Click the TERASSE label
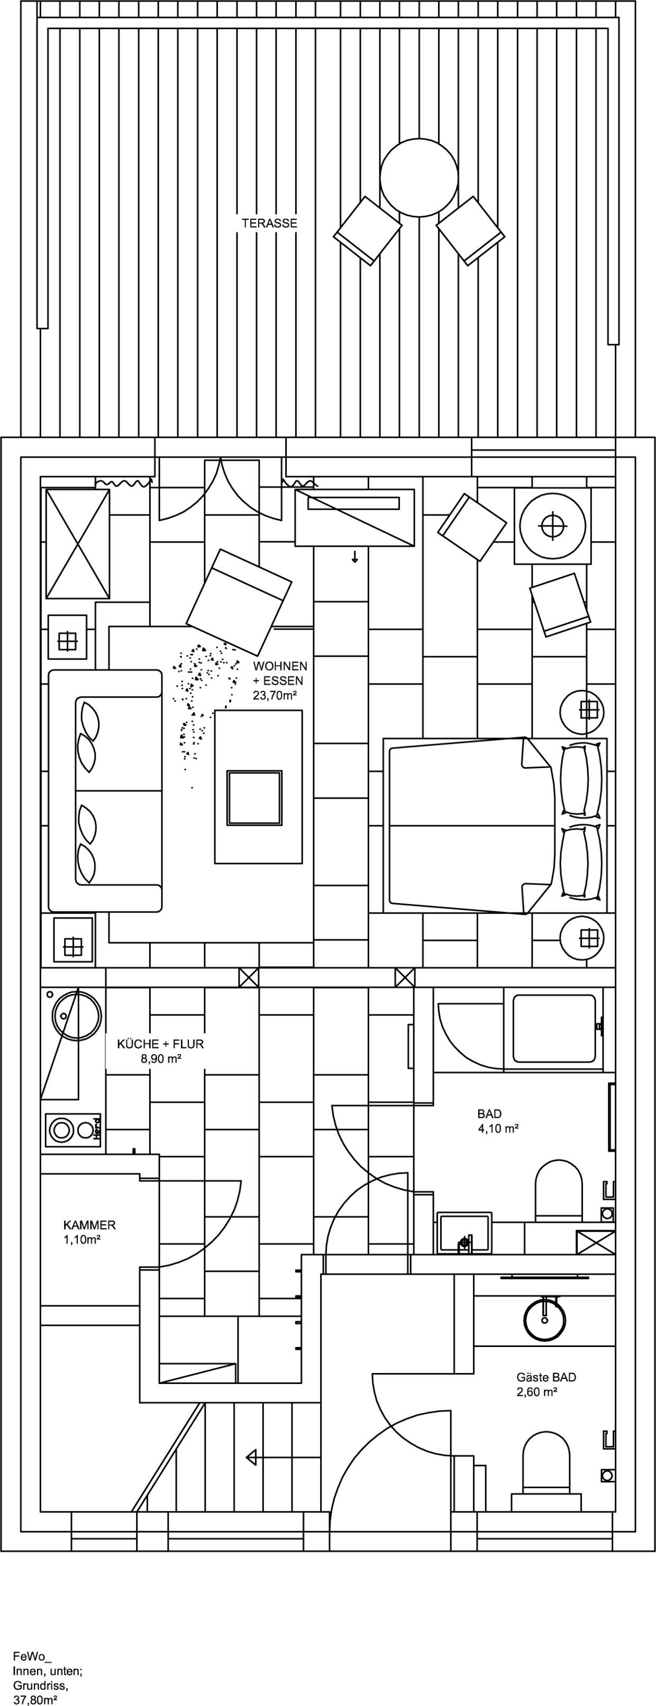pos(269,223)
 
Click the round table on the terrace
pos(419,178)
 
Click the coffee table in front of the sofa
pos(258,787)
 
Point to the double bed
pos(494,826)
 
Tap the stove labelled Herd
pos(73,1130)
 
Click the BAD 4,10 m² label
pos(497,1121)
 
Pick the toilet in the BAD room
pos(559,1189)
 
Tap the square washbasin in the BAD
pos(464,1232)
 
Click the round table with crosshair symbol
pos(552,526)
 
